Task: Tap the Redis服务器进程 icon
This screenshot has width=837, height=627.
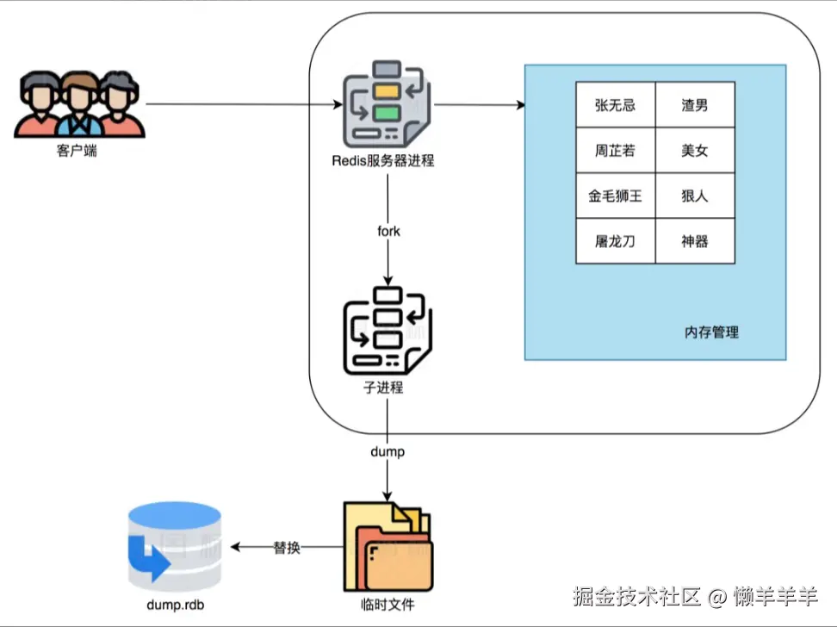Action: [387, 104]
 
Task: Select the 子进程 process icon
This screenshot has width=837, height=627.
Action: [387, 330]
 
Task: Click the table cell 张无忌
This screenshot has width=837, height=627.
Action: [615, 105]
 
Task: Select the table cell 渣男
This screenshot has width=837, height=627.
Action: [694, 105]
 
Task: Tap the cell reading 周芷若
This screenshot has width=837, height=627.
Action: [615, 151]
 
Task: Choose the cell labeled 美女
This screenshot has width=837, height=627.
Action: [694, 151]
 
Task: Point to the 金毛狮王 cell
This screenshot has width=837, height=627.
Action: [615, 196]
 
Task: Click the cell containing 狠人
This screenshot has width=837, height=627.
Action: [694, 196]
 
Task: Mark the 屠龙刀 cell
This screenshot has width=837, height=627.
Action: [615, 241]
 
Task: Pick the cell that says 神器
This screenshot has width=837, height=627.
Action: [694, 241]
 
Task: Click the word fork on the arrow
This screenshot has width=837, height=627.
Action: [388, 232]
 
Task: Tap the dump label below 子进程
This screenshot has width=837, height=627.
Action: [387, 451]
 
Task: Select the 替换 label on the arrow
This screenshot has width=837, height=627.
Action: [287, 548]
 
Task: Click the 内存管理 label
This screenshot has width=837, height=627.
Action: [711, 332]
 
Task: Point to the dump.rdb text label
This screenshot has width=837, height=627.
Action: [175, 605]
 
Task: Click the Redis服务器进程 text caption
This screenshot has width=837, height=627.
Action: [383, 161]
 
